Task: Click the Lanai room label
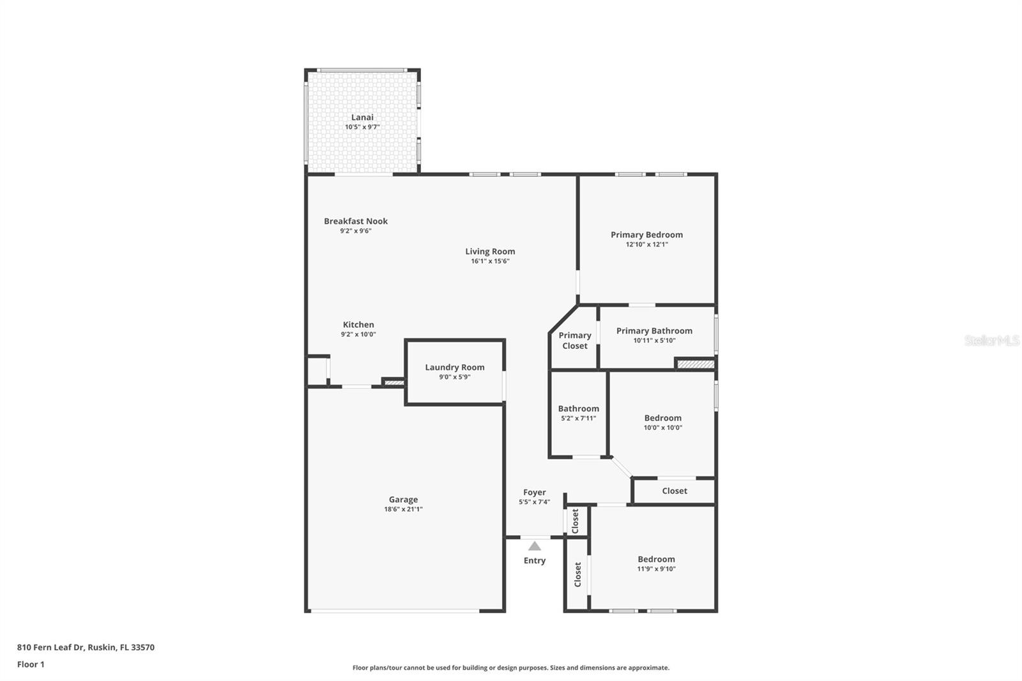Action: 362,117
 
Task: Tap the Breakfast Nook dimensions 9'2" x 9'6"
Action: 356,231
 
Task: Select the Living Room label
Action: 490,251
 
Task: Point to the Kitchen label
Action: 358,325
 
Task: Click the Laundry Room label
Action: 455,367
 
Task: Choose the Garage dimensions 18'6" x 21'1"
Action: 403,510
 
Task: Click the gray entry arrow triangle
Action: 535,546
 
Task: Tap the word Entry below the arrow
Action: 535,561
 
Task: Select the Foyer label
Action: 535,493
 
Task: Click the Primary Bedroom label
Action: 646,234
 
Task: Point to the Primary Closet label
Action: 575,340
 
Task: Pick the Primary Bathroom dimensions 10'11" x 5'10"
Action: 654,340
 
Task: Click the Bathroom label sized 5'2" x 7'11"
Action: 579,409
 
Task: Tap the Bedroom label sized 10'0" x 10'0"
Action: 662,418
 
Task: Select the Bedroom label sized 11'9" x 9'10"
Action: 656,560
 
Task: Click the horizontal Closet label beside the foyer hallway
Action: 675,491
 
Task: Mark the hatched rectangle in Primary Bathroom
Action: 696,364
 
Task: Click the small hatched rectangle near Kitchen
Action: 394,383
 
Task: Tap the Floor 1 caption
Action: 31,664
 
